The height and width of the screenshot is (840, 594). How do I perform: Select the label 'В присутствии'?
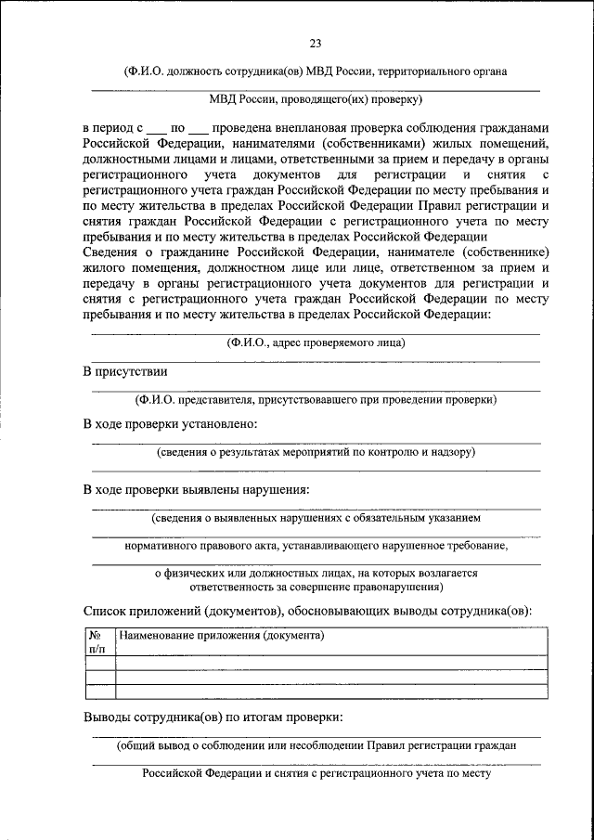click(125, 371)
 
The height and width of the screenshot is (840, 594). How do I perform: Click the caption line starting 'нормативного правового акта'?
click(316, 546)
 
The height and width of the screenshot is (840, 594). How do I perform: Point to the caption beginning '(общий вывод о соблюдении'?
click(316, 744)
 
